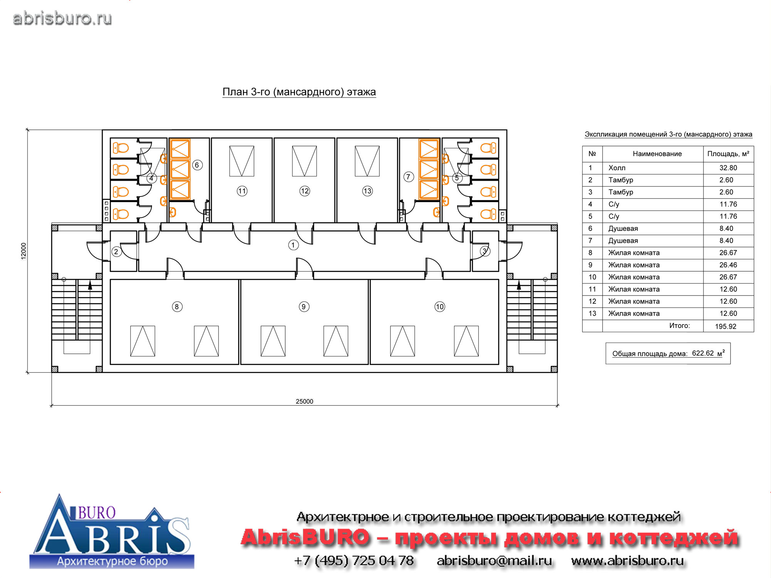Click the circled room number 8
click(x=177, y=307)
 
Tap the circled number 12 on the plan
click(x=305, y=191)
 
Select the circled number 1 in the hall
click(x=293, y=245)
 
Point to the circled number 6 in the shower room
click(x=197, y=165)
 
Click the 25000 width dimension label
click(x=305, y=402)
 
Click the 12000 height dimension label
click(x=24, y=251)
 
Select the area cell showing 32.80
click(x=728, y=168)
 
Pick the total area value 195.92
click(x=726, y=326)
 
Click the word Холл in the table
click(x=617, y=168)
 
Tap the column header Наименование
click(x=657, y=154)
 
